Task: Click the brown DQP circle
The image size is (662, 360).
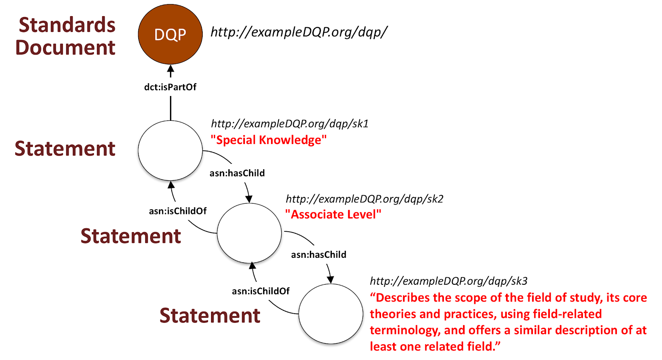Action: pos(170,34)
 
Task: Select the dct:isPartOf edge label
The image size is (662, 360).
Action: pos(170,87)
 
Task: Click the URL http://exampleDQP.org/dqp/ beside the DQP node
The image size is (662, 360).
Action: pos(299,32)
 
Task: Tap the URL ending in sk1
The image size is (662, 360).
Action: pos(290,124)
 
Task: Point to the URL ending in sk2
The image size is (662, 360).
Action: pos(365,199)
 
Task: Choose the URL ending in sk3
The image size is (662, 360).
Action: pos(449,281)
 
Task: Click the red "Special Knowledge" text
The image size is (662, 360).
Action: pos(269,140)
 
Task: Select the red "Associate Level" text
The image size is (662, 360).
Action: pos(333,214)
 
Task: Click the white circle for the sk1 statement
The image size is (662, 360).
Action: pos(170,151)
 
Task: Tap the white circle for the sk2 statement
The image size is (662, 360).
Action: pos(249,233)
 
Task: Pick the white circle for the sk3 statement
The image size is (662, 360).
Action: pos(331,314)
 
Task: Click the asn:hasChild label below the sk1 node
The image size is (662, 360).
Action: pos(237,173)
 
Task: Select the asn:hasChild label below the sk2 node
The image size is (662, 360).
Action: pos(319,255)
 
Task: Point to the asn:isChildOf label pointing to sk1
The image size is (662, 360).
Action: pos(177,211)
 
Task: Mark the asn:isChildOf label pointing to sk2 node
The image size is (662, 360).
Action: pos(261,291)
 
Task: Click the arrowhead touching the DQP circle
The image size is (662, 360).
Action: pos(170,69)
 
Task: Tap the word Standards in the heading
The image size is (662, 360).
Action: pos(67,25)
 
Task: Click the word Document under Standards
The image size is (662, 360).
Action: pos(65,47)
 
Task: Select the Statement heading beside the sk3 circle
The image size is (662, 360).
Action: pos(210,315)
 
